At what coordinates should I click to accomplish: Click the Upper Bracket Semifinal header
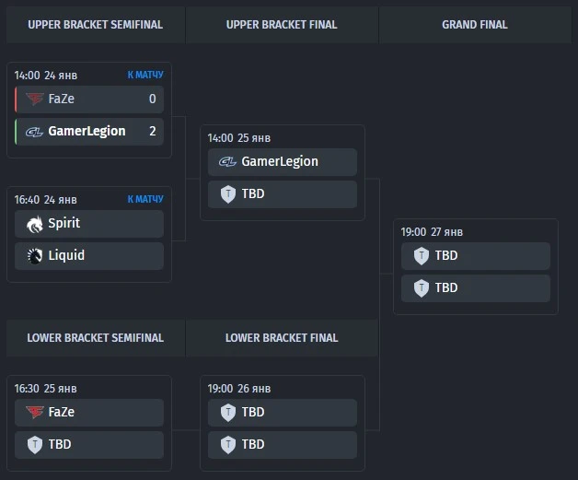[95, 25]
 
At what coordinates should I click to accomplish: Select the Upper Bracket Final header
[282, 25]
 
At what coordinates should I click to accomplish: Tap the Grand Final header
[475, 25]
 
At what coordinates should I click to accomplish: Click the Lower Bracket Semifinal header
[95, 338]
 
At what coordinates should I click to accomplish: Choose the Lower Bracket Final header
[282, 338]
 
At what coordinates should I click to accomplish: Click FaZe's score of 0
[152, 99]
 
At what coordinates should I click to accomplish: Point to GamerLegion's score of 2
[152, 131]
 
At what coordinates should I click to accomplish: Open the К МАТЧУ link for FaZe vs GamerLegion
[145, 75]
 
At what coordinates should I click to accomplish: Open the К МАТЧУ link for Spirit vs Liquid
[145, 199]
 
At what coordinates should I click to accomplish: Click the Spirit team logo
[35, 224]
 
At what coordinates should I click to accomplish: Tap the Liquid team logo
[35, 256]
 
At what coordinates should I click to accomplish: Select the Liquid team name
[66, 255]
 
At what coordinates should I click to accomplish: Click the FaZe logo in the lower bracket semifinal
[35, 412]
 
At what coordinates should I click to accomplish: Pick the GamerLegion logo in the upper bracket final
[227, 161]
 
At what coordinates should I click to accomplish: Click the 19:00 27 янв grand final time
[432, 232]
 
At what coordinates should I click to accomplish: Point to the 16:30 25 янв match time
[45, 389]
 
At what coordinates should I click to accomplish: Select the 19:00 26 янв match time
[239, 389]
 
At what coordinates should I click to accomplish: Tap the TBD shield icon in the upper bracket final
[228, 194]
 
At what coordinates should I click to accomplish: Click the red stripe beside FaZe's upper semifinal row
[16, 99]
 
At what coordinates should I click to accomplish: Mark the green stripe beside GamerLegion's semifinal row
[16, 132]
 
